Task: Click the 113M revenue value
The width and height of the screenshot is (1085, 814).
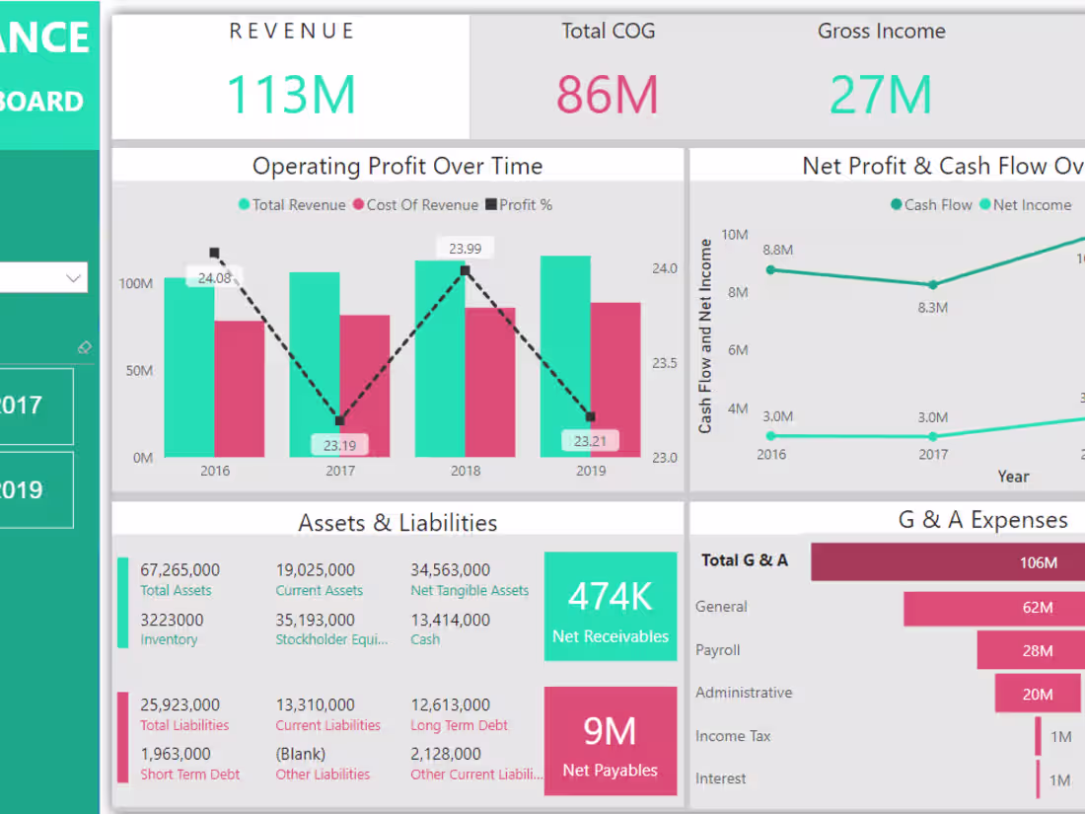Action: point(291,95)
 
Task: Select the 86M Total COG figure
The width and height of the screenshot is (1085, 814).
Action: point(607,95)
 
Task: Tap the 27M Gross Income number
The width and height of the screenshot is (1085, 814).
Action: point(881,95)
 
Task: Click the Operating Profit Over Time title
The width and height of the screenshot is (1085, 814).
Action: point(398,166)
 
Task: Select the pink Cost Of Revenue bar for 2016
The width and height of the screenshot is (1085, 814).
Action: point(239,390)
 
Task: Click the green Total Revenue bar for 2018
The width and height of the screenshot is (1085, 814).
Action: point(440,360)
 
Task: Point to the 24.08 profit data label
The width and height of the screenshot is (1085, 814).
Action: point(214,278)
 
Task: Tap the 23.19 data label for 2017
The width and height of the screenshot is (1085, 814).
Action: point(339,445)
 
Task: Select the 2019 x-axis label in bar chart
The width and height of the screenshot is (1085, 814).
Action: point(591,471)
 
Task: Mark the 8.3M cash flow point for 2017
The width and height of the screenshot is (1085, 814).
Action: point(933,284)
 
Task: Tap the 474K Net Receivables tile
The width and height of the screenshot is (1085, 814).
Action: point(611,606)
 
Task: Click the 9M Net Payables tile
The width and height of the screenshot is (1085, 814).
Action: point(611,741)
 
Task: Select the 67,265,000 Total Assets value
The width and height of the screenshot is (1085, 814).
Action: point(181,569)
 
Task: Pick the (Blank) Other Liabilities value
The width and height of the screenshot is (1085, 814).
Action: point(299,754)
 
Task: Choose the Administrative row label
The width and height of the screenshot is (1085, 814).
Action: point(744,693)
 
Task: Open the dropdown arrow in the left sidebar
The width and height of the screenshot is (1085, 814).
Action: point(73,278)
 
